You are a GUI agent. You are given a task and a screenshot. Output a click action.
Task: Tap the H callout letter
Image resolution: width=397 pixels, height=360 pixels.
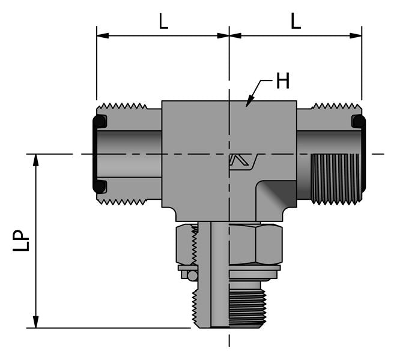282,81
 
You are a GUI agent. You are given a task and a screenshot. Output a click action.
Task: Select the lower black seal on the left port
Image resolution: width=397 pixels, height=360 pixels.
99,186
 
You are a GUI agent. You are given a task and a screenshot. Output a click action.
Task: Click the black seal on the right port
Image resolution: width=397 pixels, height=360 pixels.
359,122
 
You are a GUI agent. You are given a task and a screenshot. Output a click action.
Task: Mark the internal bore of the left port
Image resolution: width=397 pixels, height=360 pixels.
129,154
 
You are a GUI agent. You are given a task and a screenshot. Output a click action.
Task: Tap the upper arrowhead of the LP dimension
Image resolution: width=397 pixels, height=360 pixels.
36,160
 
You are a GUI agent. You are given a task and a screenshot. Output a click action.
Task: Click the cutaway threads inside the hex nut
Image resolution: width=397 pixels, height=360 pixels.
194,245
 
